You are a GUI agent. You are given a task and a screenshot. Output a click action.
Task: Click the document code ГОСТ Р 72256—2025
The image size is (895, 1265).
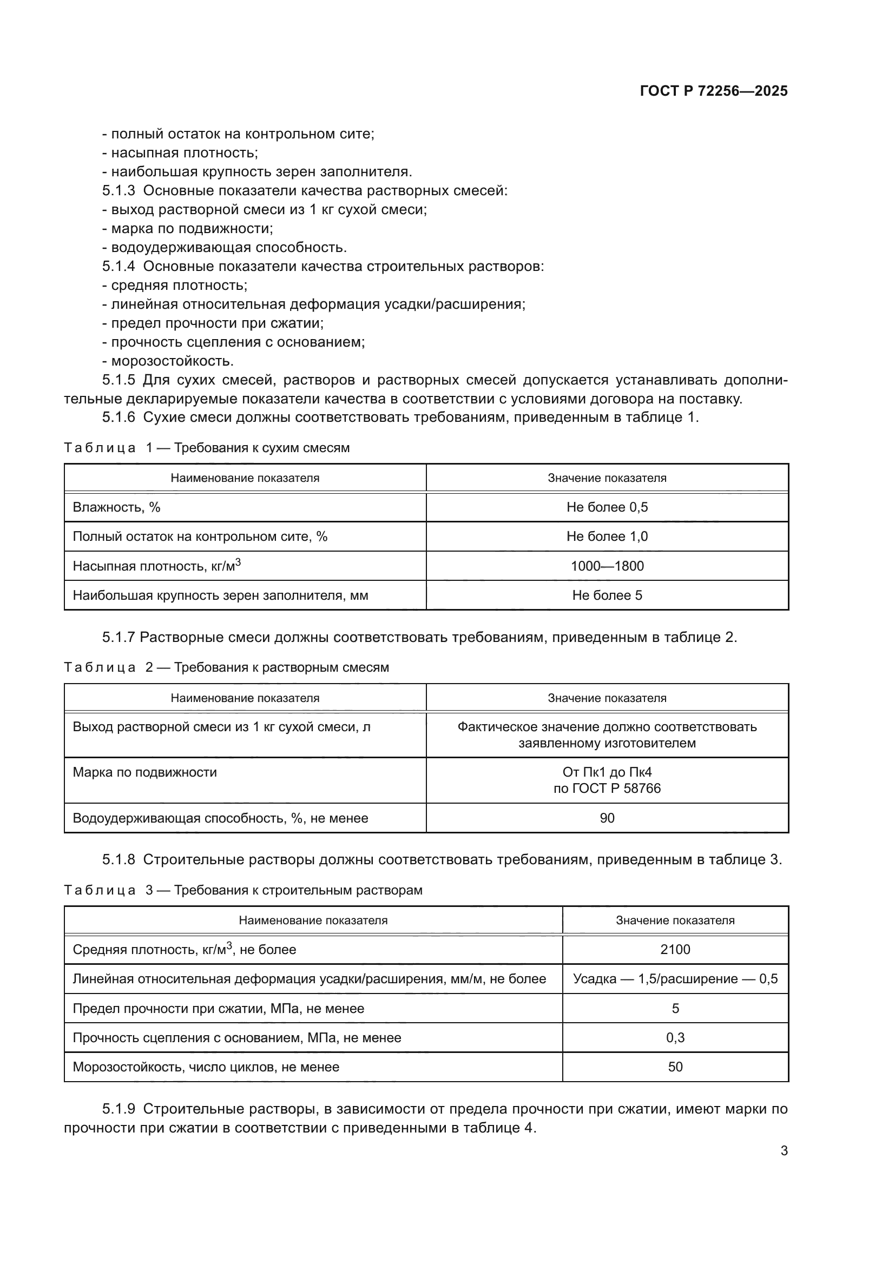tap(713, 91)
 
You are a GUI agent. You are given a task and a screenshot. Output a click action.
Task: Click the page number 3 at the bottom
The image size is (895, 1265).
tap(784, 1150)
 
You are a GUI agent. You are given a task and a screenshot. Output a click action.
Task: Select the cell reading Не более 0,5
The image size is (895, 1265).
tap(607, 507)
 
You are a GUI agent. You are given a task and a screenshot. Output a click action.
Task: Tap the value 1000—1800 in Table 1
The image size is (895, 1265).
tap(607, 566)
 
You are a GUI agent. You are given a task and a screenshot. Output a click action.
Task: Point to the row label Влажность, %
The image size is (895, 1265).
tap(116, 507)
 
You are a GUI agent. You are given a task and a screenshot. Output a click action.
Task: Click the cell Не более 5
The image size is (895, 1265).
tap(607, 595)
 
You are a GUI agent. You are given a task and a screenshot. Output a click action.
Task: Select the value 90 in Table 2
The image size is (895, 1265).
tap(607, 818)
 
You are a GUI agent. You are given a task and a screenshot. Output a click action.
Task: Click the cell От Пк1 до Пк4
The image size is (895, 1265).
tap(607, 772)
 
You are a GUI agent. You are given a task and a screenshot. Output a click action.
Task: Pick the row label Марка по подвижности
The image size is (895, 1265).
tap(144, 772)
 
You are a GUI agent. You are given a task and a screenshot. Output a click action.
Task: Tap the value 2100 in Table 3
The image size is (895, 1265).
tap(675, 949)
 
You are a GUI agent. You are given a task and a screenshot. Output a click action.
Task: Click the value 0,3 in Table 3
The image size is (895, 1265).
tap(675, 1037)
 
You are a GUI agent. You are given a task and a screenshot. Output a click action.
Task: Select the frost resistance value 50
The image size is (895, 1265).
tap(675, 1067)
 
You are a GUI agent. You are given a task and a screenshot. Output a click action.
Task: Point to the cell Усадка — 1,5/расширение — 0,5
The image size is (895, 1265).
tap(675, 978)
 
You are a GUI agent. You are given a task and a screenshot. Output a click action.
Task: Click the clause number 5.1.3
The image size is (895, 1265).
tap(118, 190)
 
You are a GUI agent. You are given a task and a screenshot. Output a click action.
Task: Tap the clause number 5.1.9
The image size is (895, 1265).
tap(118, 1109)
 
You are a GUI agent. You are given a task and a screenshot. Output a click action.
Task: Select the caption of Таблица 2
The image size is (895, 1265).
tap(226, 667)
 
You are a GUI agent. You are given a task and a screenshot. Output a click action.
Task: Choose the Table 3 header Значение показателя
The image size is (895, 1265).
tap(675, 920)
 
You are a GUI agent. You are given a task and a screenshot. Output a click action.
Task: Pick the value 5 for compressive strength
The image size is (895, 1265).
tap(675, 1008)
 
